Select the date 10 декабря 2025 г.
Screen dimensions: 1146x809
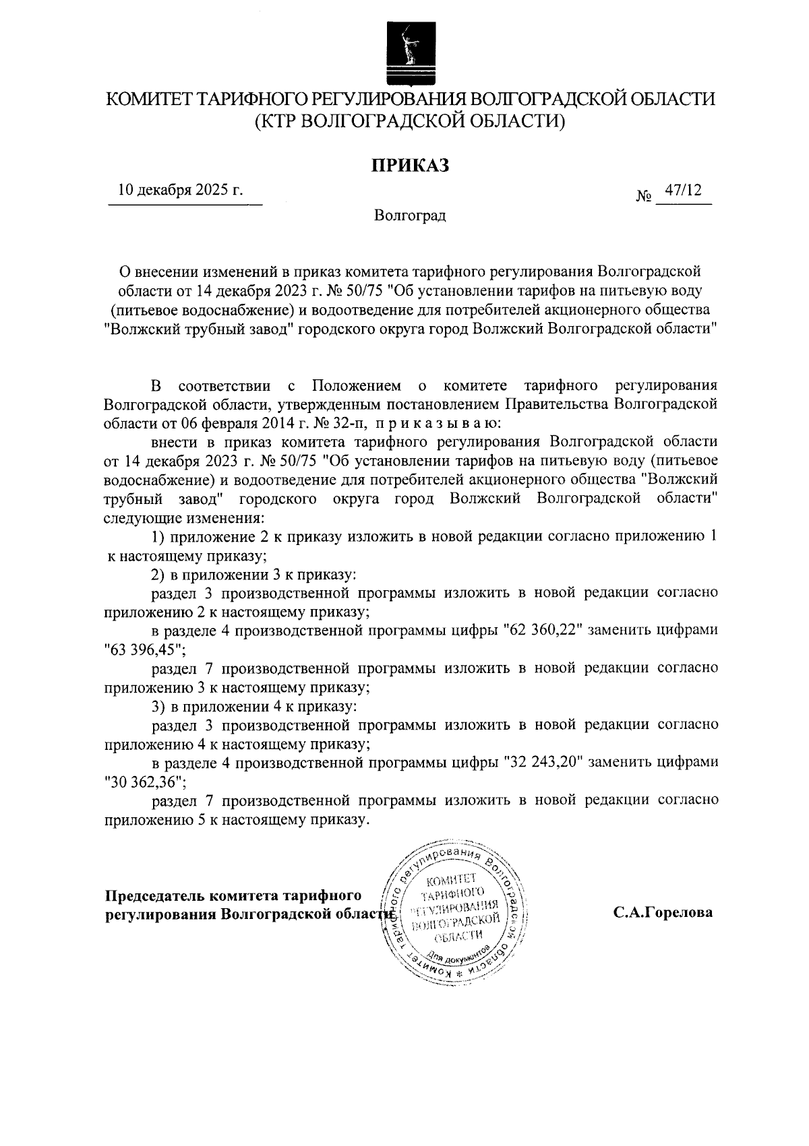[x=180, y=190]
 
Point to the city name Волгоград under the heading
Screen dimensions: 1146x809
[x=410, y=216]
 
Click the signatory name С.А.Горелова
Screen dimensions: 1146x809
[x=663, y=914]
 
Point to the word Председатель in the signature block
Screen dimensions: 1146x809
[x=155, y=896]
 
